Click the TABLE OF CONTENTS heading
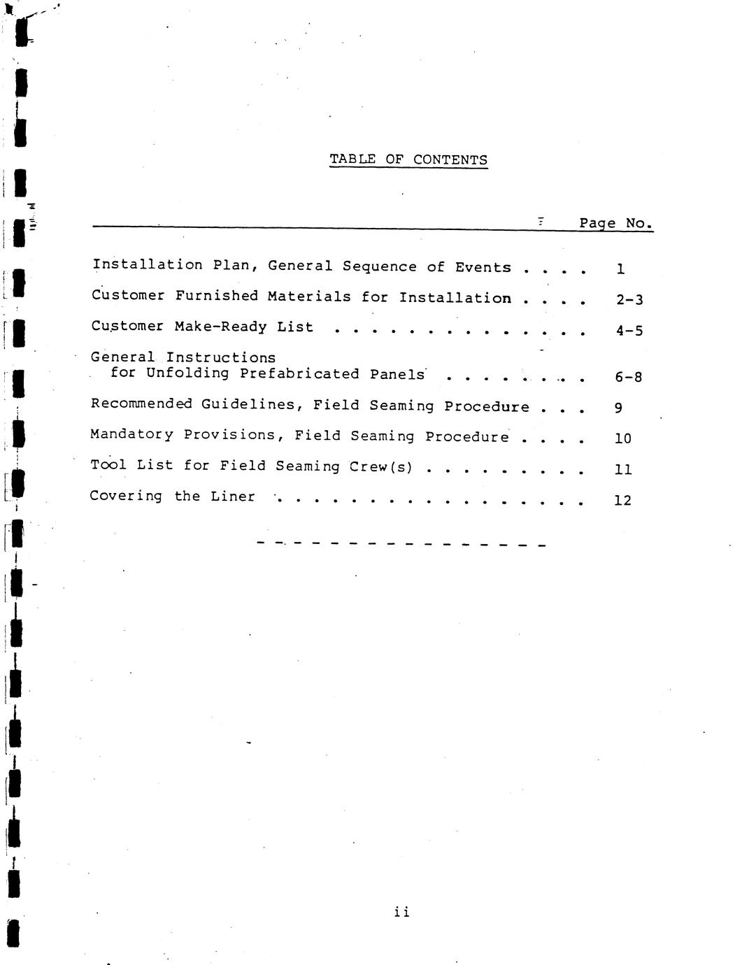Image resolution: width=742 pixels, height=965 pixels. [408, 159]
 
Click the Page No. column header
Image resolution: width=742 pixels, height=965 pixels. [615, 224]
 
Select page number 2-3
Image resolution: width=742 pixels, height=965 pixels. [629, 300]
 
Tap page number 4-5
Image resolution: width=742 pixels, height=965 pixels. [629, 331]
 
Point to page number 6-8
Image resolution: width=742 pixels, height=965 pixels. [629, 377]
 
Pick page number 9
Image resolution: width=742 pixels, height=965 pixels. [618, 408]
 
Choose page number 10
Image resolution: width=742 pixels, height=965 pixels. [622, 438]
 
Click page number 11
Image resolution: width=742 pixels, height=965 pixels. [622, 469]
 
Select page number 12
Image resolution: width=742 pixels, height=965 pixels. [622, 500]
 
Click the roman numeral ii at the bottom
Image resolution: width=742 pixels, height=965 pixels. [401, 912]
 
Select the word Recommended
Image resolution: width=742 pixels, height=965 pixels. [141, 403]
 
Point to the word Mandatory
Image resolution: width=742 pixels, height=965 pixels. [131, 434]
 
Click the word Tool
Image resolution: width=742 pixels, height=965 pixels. [108, 465]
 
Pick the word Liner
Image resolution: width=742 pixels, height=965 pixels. [233, 496]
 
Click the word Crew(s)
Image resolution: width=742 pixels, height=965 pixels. [381, 466]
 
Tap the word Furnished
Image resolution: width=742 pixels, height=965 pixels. [217, 296]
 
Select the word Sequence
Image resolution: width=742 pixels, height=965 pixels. [380, 266]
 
